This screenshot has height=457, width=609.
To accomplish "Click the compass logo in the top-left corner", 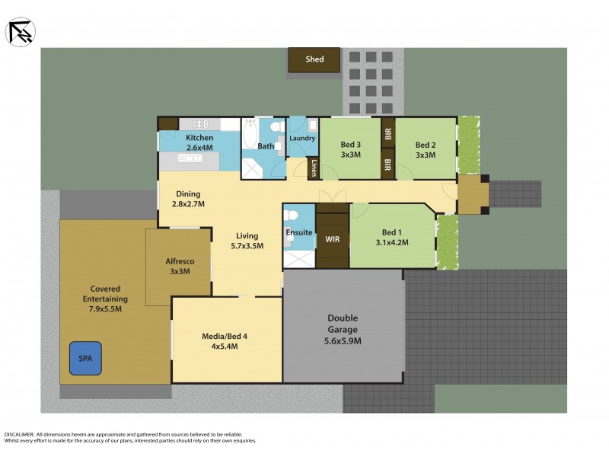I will [x=20, y=31].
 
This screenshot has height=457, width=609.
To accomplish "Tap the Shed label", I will [x=314, y=59].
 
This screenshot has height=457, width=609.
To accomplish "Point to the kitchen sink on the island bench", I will [x=190, y=158].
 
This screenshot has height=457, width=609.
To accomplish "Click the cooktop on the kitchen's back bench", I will [x=200, y=124].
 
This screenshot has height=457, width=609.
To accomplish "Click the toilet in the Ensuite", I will [x=289, y=238].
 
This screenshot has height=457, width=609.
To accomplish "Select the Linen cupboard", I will [x=313, y=168].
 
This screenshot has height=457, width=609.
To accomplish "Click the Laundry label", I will [x=302, y=139].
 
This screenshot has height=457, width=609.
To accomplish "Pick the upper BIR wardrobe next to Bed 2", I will [x=387, y=134].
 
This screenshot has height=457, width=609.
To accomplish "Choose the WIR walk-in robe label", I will [x=332, y=239].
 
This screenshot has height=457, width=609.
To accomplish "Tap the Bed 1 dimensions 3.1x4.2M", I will [x=392, y=243].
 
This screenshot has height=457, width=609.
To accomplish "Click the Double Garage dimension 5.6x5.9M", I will [x=343, y=341].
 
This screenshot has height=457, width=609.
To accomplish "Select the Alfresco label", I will [x=178, y=261].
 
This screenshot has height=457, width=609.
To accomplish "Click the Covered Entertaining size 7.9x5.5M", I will [x=107, y=309].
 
